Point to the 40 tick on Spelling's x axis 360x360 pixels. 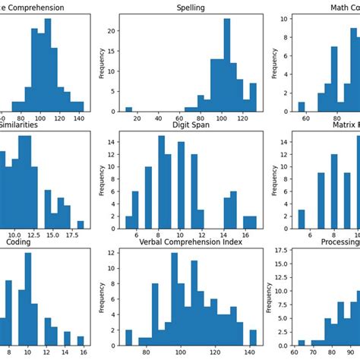click(157, 119)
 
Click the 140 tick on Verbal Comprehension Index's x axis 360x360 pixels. click(250, 351)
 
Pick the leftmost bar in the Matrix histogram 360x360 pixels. click(302, 219)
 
